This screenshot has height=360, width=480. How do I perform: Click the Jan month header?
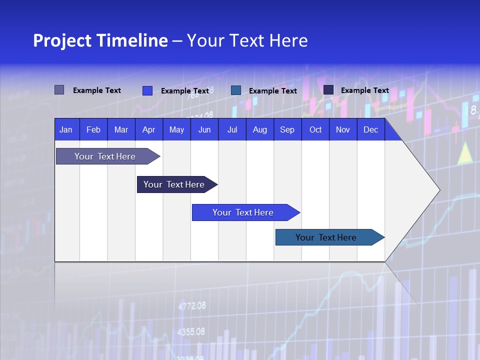coord(66,129)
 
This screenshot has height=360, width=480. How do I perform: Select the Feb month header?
coord(93,129)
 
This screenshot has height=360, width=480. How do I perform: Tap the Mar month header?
coord(121,129)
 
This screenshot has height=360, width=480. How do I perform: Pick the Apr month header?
coord(148,129)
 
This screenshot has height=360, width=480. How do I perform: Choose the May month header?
coord(176,129)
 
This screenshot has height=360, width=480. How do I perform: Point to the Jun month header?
coord(204,129)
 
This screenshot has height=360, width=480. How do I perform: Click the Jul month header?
coord(232,129)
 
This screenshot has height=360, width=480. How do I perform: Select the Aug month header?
coord(259,129)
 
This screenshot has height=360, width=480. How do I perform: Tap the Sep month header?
coord(287,129)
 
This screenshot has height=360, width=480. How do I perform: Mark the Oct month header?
coord(315,129)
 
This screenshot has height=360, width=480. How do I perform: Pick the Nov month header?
coord(343,129)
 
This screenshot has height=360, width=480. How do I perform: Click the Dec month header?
coord(370,129)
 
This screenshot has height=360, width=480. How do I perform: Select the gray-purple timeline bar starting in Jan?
coord(105,156)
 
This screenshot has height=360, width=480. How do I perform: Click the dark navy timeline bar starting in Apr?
coord(174,184)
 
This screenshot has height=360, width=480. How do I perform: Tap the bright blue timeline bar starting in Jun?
coord(243,212)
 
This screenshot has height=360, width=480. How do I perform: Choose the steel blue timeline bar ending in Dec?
coord(326,237)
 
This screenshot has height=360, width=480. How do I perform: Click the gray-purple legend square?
coord(59,90)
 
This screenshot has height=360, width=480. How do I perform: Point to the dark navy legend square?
coord(328,90)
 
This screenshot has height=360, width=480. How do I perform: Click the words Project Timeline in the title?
coord(100,40)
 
